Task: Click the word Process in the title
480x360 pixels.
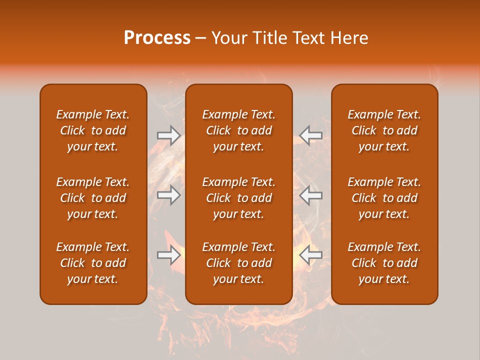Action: pos(157,38)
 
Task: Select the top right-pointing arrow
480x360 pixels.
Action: pos(168,135)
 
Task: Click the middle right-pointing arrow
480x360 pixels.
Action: pos(168,195)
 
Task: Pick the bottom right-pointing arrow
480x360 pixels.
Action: pos(168,255)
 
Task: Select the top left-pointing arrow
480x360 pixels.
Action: pos(311,135)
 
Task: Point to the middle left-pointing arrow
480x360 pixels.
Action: pos(311,195)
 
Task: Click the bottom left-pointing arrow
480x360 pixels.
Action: pos(311,255)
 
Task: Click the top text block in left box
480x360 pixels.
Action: pos(93,130)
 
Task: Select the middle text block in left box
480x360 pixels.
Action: pos(93,198)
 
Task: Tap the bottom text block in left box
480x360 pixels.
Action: pos(93,263)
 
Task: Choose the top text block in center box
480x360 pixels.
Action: pos(238,130)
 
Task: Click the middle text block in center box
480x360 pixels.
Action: pos(238,198)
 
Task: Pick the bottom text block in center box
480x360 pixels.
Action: pos(238,263)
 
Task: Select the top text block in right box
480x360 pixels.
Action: pos(384,130)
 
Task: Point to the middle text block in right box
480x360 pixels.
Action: pos(384,198)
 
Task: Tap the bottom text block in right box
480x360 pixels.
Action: pos(384,263)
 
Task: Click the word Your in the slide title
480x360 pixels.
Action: pos(230,38)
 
